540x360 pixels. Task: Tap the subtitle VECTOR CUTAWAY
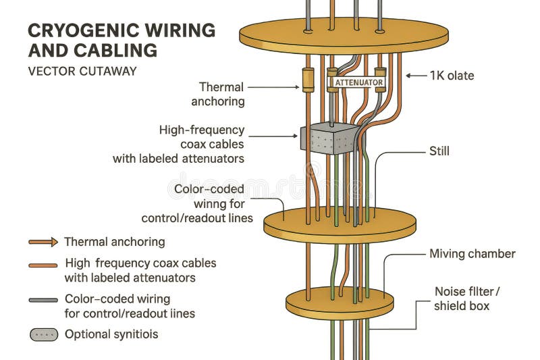click(x=82, y=71)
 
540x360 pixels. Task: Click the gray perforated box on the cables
click(x=330, y=138)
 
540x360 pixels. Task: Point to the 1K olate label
click(x=452, y=76)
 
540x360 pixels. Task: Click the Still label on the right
click(x=439, y=151)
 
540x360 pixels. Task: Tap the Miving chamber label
click(x=472, y=254)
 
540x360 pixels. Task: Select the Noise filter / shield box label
click(x=466, y=299)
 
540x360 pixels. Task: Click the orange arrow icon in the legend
click(x=43, y=242)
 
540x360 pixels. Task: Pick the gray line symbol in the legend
click(x=43, y=299)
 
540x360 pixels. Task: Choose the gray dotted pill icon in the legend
click(x=43, y=334)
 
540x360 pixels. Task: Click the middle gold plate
click(x=339, y=226)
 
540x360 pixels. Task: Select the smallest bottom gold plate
click(x=340, y=303)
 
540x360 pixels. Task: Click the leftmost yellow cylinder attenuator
click(x=308, y=80)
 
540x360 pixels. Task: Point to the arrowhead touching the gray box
click(x=295, y=136)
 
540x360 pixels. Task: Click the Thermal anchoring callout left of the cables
click(x=217, y=94)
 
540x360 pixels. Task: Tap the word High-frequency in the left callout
click(x=202, y=130)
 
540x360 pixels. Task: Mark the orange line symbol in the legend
click(x=43, y=265)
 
